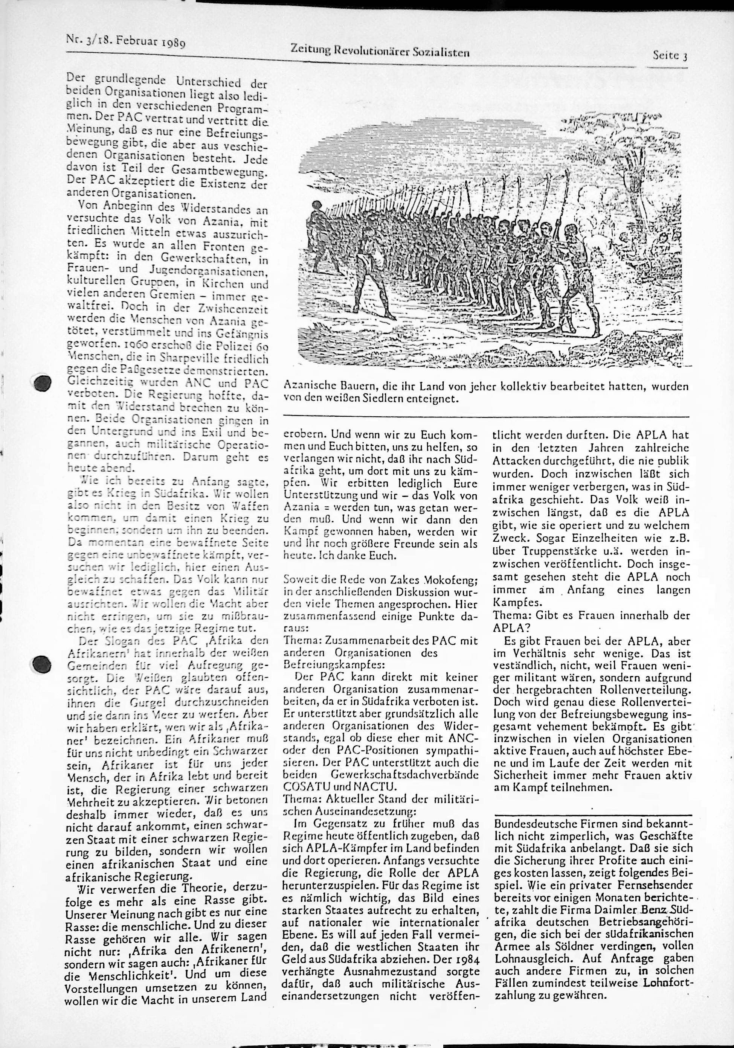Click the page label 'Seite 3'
click(x=670, y=56)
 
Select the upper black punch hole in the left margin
click(x=43, y=382)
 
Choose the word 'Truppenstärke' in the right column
click(x=552, y=552)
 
